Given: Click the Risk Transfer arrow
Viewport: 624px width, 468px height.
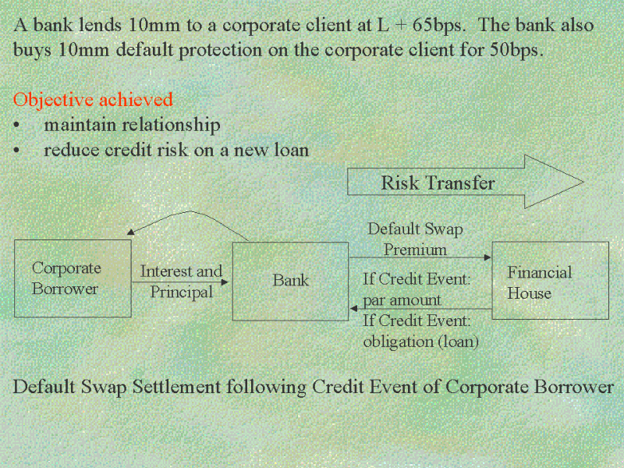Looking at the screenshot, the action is (x=466, y=182).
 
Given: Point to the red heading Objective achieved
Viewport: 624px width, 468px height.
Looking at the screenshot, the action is (x=93, y=100).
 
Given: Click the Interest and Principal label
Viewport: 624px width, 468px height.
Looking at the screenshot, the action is (x=181, y=282).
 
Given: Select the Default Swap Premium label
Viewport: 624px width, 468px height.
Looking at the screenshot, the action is (x=415, y=239).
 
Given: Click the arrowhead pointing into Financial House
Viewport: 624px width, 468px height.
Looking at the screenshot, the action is (x=487, y=257).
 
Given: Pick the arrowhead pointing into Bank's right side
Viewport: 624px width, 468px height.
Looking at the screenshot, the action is (x=354, y=308).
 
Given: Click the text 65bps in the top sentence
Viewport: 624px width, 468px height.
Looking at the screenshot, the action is (x=438, y=25).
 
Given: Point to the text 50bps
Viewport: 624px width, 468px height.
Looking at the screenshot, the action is (x=516, y=50).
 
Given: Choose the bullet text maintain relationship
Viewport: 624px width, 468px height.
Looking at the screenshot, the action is (x=132, y=125).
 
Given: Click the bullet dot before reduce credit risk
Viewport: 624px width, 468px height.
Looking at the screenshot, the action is (x=16, y=151).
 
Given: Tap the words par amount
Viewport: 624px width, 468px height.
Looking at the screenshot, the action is (x=402, y=300).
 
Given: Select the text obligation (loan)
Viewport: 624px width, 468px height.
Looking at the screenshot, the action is (x=420, y=342).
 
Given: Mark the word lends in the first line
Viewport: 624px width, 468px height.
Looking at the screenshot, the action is (x=100, y=25).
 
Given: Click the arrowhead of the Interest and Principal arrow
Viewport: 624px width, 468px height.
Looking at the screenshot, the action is (x=225, y=282).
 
